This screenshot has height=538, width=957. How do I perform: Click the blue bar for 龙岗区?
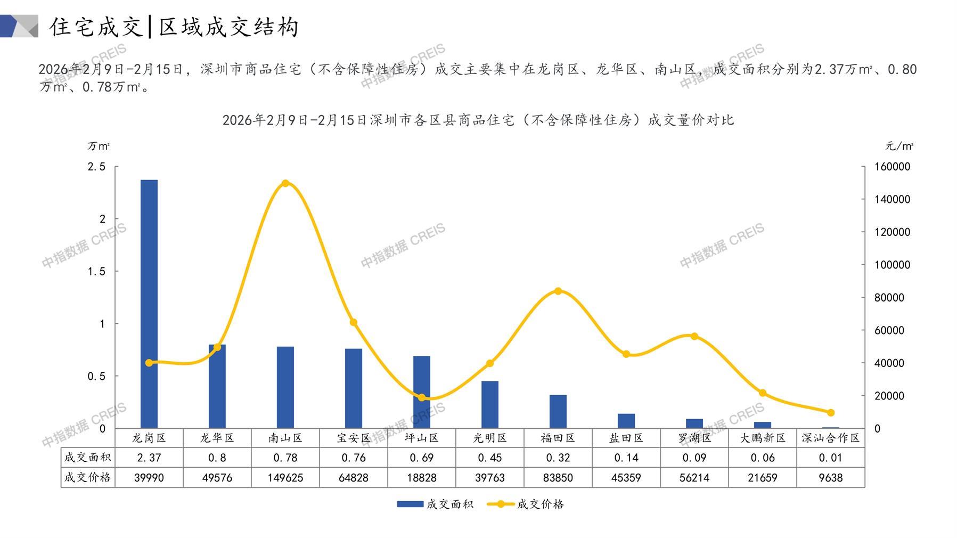pos(149,304)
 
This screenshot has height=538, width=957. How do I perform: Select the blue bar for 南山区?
pos(285,387)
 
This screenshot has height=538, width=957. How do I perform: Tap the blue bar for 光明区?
pos(490,404)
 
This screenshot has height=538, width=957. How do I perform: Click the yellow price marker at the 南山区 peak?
pos(285,183)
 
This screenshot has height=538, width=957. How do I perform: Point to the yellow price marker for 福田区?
pos(558,291)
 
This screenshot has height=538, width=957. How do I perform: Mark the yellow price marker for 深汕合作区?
pos(831,412)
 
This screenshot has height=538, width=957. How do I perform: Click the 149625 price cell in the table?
pos(285,478)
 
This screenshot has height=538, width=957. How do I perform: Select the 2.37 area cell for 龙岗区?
pos(149,458)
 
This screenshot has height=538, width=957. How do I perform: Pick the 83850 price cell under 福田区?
pos(558,478)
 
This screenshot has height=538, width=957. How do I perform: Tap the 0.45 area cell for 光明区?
pos(490,458)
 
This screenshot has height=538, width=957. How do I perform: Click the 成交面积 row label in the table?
pos(88,457)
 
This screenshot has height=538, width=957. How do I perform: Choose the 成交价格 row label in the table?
pos(88,477)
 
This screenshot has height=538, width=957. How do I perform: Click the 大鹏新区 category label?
pos(763,438)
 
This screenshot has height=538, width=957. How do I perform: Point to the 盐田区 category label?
pos(626,438)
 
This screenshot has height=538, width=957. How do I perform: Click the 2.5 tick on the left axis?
pos(96,167)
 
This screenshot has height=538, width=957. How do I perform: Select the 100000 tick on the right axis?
pos(892,265)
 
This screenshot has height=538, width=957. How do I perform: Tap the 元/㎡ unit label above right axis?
pos(899,146)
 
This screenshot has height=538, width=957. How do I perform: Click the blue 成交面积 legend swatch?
pos(410,504)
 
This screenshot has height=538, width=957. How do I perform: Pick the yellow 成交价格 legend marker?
pos(501,504)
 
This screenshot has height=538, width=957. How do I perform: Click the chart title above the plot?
pos(478,120)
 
